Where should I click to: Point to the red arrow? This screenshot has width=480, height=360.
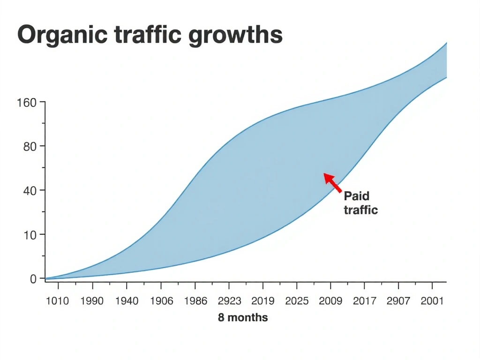tap(332, 182)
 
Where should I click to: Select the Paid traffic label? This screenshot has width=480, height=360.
tap(360, 202)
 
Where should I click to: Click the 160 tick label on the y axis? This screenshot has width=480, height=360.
tap(26, 103)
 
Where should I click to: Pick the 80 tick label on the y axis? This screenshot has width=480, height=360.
tap(30, 147)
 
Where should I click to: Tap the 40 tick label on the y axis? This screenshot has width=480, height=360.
tap(30, 191)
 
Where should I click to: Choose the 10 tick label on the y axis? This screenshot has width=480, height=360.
tap(30, 235)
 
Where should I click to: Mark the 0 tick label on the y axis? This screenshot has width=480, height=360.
tap(33, 279)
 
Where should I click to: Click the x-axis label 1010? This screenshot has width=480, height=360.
tap(57, 301)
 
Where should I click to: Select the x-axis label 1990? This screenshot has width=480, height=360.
tap(92, 301)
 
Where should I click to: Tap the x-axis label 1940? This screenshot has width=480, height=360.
tap(127, 301)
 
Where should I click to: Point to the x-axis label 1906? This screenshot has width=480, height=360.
tap(161, 301)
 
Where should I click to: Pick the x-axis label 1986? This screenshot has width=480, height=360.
tap(195, 301)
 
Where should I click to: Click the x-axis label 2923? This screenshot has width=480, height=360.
tap(229, 301)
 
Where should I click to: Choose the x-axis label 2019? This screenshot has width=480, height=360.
tap(263, 301)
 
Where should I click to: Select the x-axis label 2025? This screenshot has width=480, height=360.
tap(297, 301)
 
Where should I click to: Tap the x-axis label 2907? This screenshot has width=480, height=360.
tap(398, 301)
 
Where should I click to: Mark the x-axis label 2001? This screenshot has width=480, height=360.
tap(431, 301)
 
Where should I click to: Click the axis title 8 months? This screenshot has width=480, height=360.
tap(243, 318)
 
